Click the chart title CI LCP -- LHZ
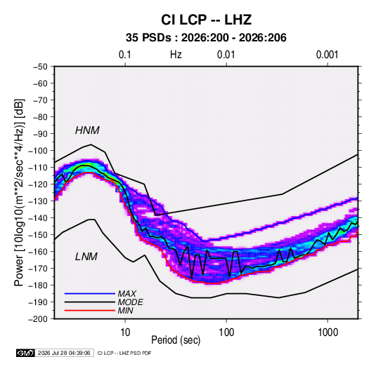[206, 20]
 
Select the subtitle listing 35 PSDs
[206, 38]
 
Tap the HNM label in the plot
[87, 130]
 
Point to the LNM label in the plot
[86, 257]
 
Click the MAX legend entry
[127, 294]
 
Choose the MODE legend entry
[130, 302]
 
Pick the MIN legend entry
[125, 311]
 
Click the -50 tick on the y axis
[40, 67]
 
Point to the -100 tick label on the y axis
[38, 151]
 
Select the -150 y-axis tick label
[38, 235]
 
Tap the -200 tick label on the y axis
[38, 319]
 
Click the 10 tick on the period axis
[125, 332]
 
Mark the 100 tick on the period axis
[226, 332]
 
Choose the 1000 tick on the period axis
[328, 332]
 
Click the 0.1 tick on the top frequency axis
[125, 55]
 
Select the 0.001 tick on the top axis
[327, 55]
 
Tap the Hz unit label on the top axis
[176, 55]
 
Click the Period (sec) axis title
[176, 340]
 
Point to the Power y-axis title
[19, 192]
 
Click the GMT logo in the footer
[25, 353]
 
